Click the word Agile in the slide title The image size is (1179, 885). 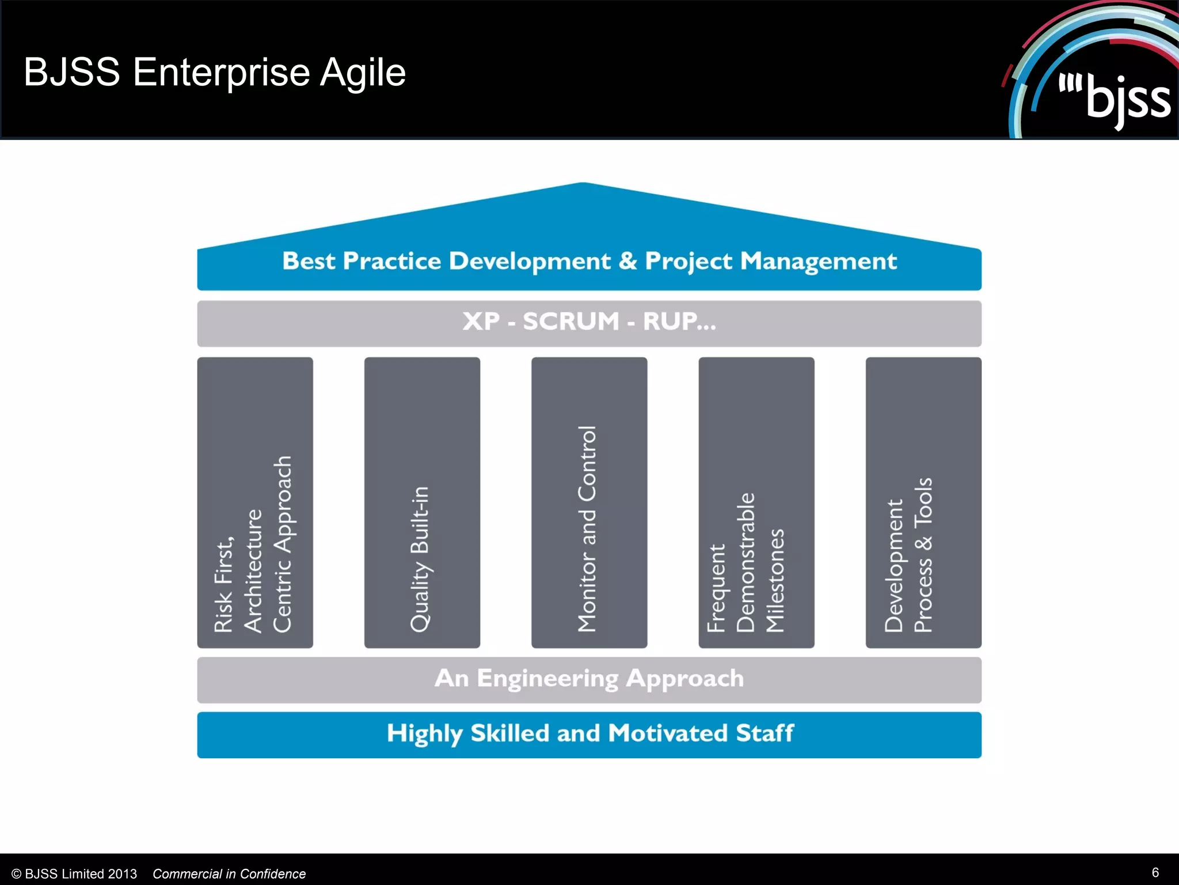363,73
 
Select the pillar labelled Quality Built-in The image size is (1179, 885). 422,502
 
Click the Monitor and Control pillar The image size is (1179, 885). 589,502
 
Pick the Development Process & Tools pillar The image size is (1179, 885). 923,502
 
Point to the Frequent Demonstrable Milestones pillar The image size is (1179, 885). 756,502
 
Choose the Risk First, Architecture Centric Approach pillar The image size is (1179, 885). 255,502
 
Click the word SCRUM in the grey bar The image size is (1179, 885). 571,322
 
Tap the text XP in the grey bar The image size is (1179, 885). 481,322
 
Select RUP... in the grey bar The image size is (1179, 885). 679,322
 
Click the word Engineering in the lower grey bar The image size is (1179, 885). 547,679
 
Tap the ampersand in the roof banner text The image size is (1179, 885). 627,261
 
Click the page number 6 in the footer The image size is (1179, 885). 1155,872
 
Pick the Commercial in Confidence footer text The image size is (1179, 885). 229,874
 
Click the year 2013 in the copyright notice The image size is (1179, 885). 121,874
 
